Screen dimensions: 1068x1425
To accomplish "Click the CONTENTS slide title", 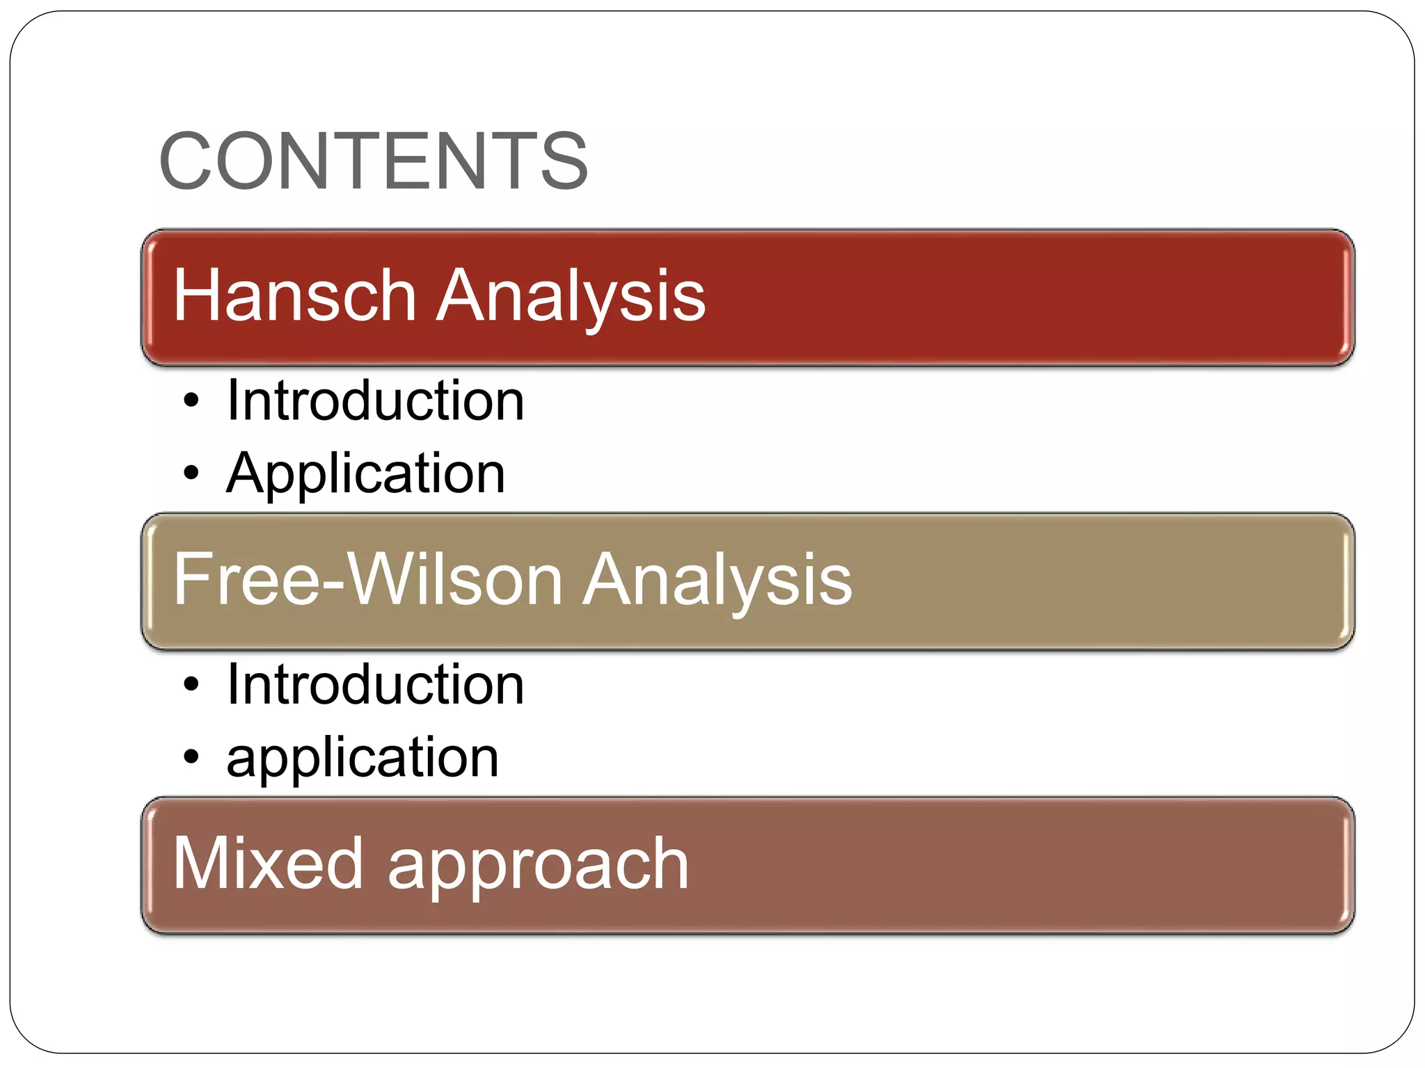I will (x=374, y=161).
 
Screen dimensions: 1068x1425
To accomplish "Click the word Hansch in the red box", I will (x=294, y=296).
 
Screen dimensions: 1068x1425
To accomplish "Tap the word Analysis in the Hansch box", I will (x=571, y=296).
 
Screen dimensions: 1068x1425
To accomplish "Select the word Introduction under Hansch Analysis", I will (x=375, y=400).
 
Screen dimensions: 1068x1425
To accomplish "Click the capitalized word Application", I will (x=366, y=474).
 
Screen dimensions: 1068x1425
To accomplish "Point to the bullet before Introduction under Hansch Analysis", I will (x=191, y=401).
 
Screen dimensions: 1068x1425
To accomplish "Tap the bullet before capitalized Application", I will (x=191, y=474).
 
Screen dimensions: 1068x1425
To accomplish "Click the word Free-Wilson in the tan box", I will (x=368, y=580).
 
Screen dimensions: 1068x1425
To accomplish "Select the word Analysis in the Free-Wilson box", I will (x=717, y=580).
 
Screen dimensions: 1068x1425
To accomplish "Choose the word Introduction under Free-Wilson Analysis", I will (x=375, y=685).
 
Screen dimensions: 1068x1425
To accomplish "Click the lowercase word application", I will (x=363, y=758).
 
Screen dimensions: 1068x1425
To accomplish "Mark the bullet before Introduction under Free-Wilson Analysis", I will (x=191, y=686).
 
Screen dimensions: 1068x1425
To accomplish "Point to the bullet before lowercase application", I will (x=191, y=757).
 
